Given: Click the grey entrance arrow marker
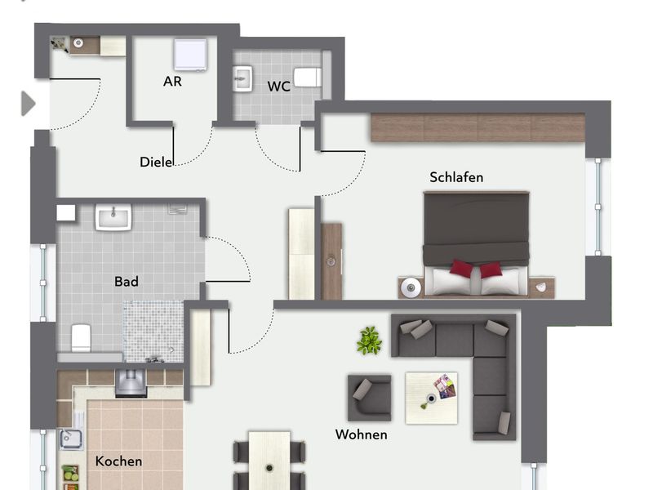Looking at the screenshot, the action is [x=28, y=104].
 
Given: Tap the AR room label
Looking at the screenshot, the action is [x=172, y=81].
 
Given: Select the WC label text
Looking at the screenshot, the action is [x=278, y=87].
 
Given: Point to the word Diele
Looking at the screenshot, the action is [x=156, y=162].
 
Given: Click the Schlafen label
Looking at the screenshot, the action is [x=456, y=177].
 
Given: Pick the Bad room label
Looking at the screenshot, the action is [x=127, y=282].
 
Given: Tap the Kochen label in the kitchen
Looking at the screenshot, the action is [x=118, y=461].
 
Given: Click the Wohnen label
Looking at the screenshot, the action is [x=361, y=434].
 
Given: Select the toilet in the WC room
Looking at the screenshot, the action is [x=308, y=78].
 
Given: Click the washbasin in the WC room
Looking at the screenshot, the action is [x=242, y=78].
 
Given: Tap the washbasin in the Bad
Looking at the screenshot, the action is [x=113, y=216].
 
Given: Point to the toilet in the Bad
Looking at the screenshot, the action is [x=81, y=337].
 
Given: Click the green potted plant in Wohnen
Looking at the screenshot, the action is [x=369, y=341].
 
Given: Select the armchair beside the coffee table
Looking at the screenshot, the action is [x=370, y=398].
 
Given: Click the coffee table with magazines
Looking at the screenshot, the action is [x=432, y=398].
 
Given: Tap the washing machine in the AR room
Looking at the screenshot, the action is [x=190, y=55].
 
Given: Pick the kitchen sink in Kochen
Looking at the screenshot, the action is [x=71, y=439].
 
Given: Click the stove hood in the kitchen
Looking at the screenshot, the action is [x=131, y=382].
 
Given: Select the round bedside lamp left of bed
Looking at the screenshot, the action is [x=411, y=287].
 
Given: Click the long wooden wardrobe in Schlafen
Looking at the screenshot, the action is [x=478, y=127].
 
